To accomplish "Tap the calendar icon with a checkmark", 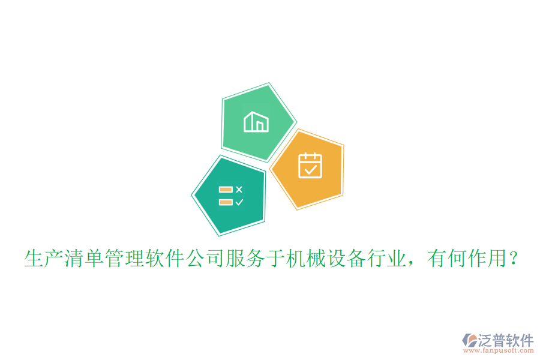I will coord(310,166).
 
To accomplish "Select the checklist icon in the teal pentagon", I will coord(231,196).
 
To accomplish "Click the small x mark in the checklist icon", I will coord(239,190).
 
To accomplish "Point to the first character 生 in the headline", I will coord(34,259).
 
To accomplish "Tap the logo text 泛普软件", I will coord(505,340).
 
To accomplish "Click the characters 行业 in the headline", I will coord(391,259).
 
